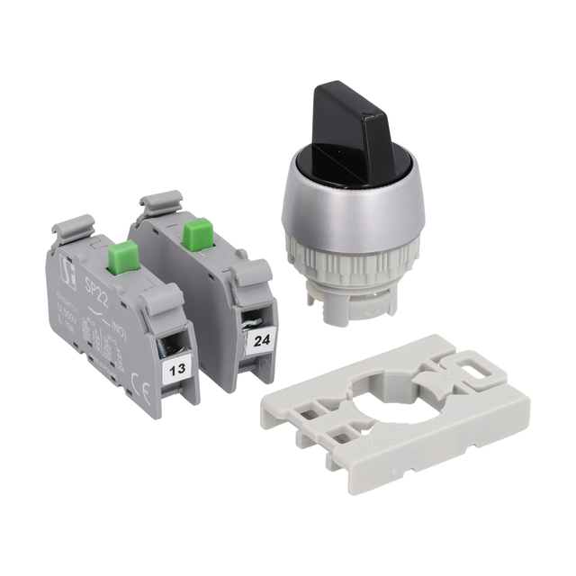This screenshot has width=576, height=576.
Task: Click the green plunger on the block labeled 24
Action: tap(195, 235)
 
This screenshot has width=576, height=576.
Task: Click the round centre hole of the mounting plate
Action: tap(373, 397)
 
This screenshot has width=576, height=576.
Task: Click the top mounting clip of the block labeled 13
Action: tap(77, 226)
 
